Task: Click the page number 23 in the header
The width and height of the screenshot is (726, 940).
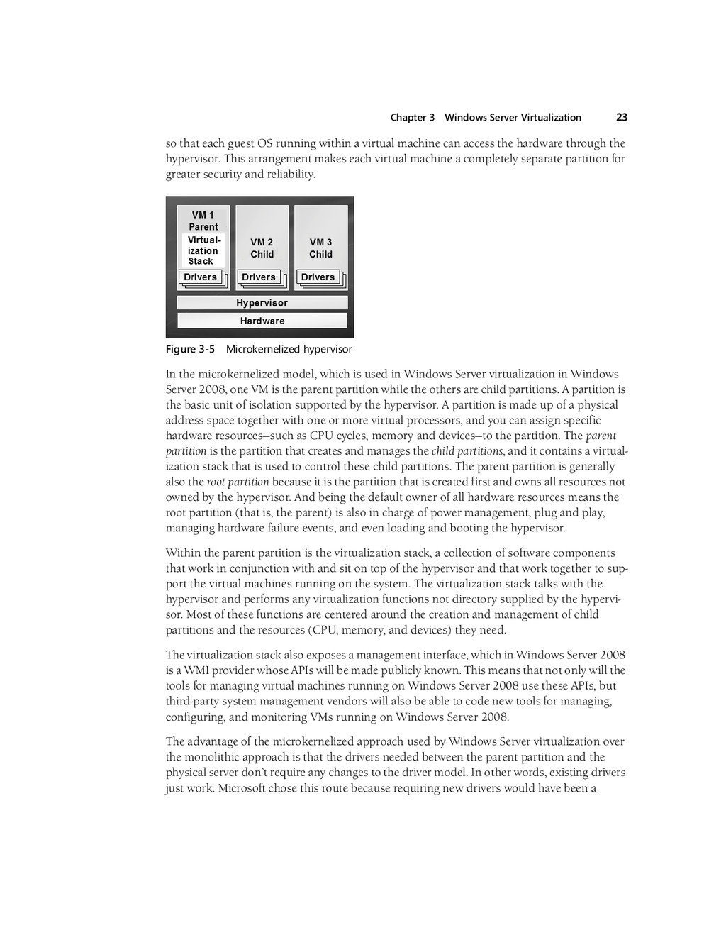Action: tap(622, 118)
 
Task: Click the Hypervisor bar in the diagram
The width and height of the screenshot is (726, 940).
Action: tap(262, 303)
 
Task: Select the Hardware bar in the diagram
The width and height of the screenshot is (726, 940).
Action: tap(262, 321)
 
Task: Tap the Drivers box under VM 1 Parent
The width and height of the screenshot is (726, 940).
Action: tap(201, 277)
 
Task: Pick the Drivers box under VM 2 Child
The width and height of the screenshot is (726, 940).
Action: tap(259, 277)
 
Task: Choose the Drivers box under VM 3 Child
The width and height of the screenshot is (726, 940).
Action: tap(318, 277)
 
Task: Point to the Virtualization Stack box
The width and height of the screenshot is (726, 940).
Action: tap(203, 250)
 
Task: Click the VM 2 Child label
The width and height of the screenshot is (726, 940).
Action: tap(262, 248)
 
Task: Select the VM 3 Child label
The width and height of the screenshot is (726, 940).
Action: tap(320, 248)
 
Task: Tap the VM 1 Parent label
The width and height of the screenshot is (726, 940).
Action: tap(203, 221)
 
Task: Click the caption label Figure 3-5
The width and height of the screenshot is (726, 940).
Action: tap(190, 349)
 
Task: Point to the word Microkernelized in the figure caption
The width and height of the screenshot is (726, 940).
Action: tap(263, 349)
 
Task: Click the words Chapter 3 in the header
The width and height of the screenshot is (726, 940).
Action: tap(412, 118)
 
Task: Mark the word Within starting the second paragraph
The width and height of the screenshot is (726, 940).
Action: tap(183, 553)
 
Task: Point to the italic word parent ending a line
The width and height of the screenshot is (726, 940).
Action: tap(601, 436)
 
